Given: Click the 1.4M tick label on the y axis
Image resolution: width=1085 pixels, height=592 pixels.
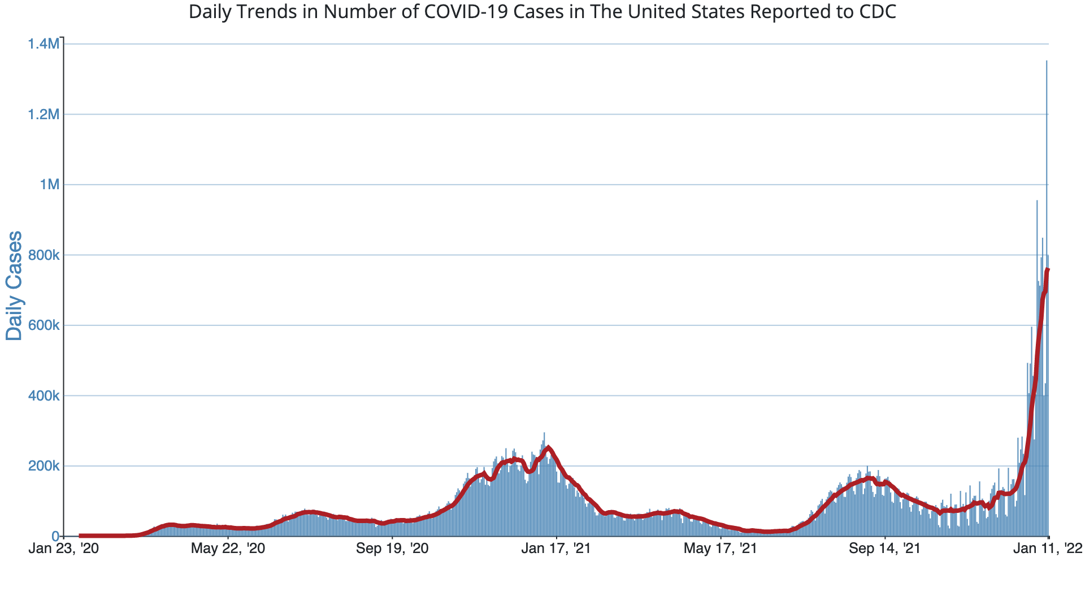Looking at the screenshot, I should pos(44,44).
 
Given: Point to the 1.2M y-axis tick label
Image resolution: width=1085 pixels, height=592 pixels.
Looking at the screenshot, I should pos(44,115).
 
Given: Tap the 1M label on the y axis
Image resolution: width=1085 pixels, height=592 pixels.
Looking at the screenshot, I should pos(49,185).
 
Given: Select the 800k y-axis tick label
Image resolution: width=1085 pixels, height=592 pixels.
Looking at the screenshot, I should pos(44,255).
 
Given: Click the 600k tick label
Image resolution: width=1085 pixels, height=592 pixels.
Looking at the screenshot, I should pos(44,325).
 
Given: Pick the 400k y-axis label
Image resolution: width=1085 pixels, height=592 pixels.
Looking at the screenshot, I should pos(44,396).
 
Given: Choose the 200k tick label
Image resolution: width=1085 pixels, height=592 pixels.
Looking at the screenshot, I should pos(44,466).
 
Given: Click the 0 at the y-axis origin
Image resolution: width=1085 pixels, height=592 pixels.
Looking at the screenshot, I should pos(55,536).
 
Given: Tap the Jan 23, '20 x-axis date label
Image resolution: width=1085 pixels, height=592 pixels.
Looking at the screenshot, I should pos(63,549).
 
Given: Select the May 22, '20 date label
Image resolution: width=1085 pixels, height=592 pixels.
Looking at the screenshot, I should pos(228,549).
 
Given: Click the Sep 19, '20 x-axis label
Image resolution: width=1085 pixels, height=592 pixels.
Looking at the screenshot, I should pos(392,549).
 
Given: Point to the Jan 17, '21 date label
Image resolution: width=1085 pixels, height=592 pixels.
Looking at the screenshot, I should pos(556,549).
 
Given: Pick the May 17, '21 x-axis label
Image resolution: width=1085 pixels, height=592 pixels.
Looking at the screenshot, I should pos(721,549).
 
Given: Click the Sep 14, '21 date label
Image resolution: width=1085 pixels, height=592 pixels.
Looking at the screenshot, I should pos(885,549).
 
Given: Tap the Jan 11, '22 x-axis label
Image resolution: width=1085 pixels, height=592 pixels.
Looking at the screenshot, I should pos(1049,549).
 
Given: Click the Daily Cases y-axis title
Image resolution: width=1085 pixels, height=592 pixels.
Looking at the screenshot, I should pos(14,285).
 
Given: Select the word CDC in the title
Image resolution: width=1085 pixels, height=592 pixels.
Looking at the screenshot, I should pos(879,12).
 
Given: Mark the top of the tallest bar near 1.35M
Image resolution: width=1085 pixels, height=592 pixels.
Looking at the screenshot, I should pos(1047,61).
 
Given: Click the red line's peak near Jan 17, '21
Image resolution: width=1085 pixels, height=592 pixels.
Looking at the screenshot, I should pos(548,448).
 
